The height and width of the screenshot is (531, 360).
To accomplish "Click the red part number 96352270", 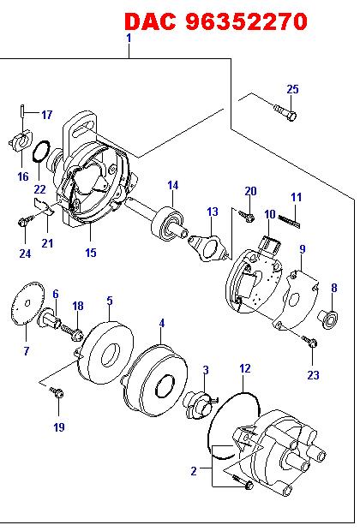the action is pos(247,21).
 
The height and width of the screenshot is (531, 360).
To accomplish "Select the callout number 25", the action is pos(292,89).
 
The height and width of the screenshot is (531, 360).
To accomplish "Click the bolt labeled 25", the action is pos(285,112).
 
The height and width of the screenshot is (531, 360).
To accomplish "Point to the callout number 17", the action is pos(47,115).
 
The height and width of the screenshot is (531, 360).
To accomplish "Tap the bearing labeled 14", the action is pos(168,224).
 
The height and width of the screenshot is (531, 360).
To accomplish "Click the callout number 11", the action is pos(297,197).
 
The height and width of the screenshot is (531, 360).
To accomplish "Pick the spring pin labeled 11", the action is pos(289,222).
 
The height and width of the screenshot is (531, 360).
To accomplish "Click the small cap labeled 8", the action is pos(328,319).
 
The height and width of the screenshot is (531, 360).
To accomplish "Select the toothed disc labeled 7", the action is pos(27,303).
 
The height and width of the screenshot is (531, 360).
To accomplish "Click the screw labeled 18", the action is pos(73,331).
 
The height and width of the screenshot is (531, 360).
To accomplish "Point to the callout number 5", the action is pos(110,301).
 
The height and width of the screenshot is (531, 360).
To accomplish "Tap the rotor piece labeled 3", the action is pos(201,405).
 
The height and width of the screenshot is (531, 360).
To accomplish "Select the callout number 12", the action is pos(245,368).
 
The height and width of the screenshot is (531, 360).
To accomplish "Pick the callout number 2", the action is pos(194,471).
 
